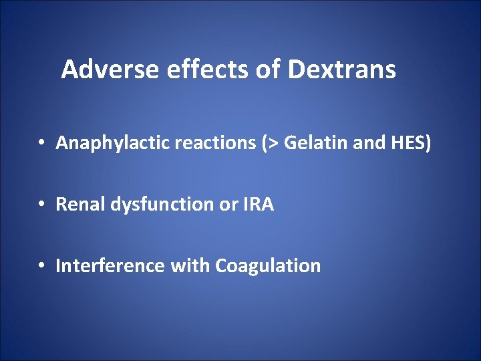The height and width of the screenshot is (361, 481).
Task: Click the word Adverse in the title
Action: (x=102, y=69)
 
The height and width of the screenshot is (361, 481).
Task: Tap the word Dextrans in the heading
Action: (x=342, y=69)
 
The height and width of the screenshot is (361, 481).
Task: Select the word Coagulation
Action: (x=268, y=266)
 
